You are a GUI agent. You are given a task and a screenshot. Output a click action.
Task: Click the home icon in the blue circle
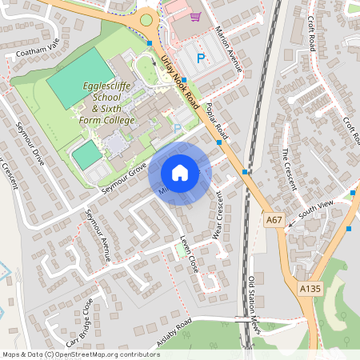point(180,172)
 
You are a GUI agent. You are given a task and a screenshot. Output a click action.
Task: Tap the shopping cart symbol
point(194,16)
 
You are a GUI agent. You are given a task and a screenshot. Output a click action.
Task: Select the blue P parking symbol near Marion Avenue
point(201,58)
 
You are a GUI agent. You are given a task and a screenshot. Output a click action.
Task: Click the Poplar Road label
point(217,122)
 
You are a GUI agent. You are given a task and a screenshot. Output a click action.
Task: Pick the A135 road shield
point(310,288)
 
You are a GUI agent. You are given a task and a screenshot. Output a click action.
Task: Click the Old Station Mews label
point(254,297)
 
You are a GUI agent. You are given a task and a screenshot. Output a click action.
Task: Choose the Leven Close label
point(187,254)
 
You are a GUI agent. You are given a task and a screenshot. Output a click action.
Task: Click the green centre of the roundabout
point(146,20)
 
